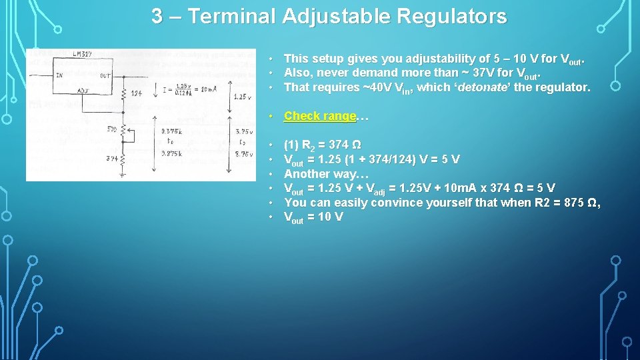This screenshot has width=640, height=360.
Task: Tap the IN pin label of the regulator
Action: (x=59, y=75)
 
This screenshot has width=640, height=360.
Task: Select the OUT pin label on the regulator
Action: (x=105, y=75)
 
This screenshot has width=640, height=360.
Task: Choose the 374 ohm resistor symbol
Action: (x=125, y=160)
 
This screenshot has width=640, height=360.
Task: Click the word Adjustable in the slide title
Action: (x=337, y=16)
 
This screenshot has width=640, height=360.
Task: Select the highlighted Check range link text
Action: (x=320, y=116)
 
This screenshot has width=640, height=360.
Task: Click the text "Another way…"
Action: (x=326, y=174)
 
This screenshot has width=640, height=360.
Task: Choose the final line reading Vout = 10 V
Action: (x=313, y=217)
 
